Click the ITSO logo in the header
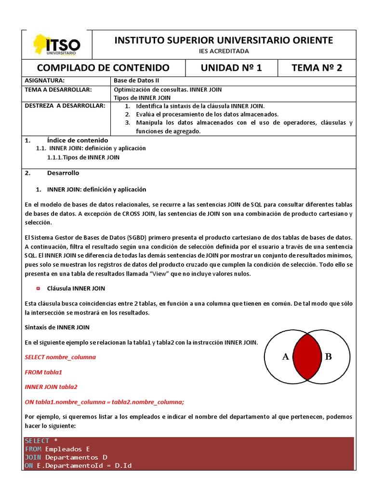tap(56, 45)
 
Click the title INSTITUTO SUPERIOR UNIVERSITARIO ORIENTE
tap(224, 40)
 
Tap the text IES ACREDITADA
tap(224, 51)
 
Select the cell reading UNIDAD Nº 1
tap(231, 67)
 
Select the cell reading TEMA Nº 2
tap(317, 67)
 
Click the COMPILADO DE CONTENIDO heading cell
tap(103, 67)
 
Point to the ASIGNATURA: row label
tap(44, 81)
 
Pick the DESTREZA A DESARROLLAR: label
tap(65, 106)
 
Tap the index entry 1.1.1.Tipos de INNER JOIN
tap(83, 157)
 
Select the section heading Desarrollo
tap(63, 173)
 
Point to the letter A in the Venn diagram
tap(285, 357)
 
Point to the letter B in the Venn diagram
tap(328, 357)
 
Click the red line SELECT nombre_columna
tap(60, 357)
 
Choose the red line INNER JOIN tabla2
tap(51, 387)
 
